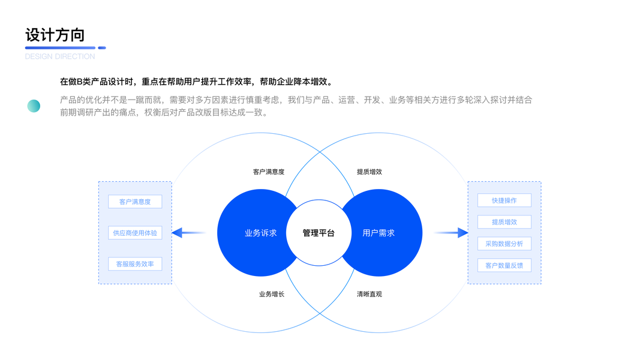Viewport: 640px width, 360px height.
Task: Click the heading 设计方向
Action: coord(55,35)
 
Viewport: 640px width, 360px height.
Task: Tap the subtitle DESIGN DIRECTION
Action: coord(60,56)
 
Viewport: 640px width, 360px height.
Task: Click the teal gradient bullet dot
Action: coord(34,106)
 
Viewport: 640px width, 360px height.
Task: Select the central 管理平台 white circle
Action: coord(319,233)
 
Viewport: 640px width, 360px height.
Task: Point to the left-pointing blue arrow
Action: coord(188,233)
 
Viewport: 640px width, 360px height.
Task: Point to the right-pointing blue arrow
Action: coord(450,233)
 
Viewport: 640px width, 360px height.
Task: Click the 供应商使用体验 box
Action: coord(135,233)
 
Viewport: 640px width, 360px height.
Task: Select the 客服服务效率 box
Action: coord(135,264)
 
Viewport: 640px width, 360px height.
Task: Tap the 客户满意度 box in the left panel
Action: coord(135,202)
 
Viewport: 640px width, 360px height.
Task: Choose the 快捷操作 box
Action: coord(504,200)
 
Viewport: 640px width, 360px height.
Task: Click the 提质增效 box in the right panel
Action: coord(504,222)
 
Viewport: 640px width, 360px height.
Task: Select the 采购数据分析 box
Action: coord(504,244)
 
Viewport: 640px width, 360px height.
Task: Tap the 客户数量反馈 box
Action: coord(504,265)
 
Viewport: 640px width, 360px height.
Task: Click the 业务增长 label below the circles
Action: coord(272,294)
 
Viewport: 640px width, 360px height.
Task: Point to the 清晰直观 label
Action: coord(369,294)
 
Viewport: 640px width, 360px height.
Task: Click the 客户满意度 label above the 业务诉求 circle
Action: coord(269,172)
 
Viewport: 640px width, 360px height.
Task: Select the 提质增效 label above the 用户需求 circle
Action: coord(369,172)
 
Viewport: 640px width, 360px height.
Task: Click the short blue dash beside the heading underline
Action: coord(102,48)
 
